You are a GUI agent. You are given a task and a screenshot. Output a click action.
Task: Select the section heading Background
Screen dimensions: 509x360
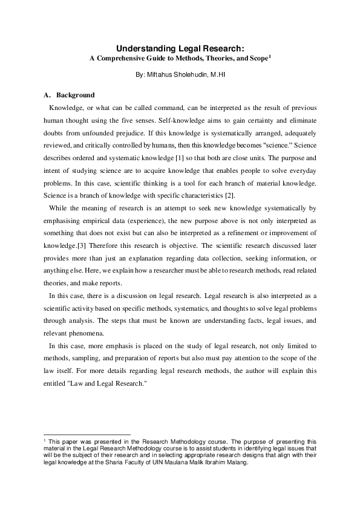pyautogui.click(x=75, y=95)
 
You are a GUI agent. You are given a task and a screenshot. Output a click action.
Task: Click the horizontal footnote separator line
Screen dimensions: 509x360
pyautogui.click(x=88, y=434)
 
